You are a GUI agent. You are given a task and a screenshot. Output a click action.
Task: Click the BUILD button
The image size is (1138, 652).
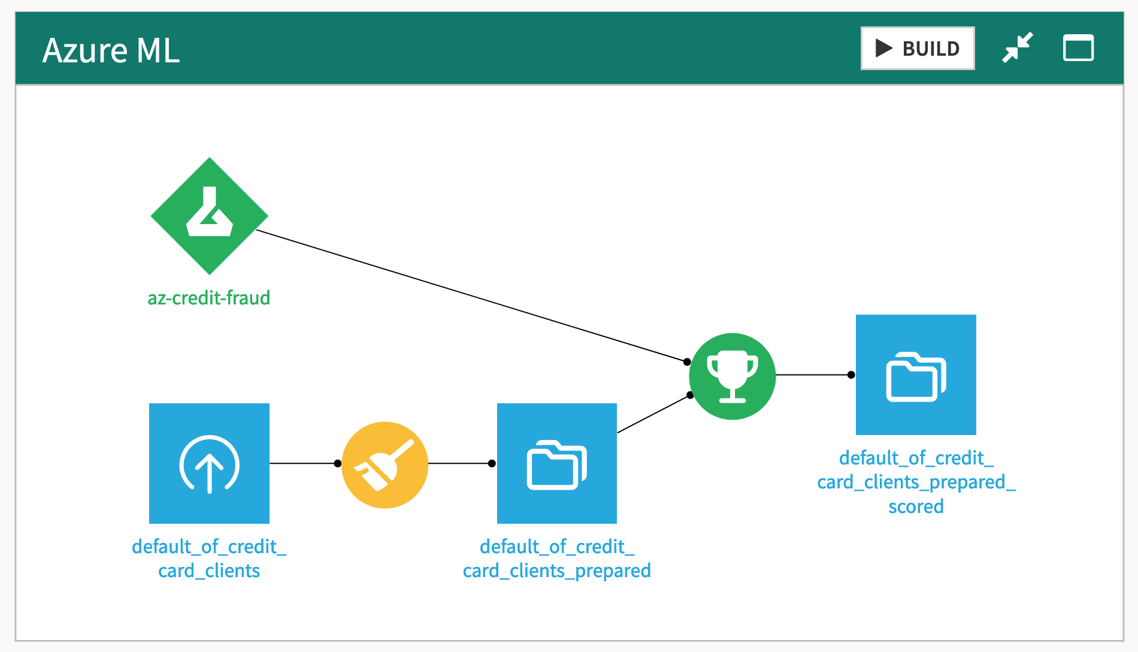pos(917,48)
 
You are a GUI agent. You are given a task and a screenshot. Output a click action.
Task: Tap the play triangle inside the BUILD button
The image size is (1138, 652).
pos(883,48)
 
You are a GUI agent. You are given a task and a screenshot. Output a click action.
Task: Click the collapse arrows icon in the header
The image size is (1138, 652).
pos(1018,47)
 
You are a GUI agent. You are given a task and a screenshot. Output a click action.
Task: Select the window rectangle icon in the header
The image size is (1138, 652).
pos(1078,48)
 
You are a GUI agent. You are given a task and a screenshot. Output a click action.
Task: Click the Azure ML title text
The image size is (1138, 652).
pos(111,50)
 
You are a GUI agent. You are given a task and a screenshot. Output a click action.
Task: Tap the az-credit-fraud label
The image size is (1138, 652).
pos(209,298)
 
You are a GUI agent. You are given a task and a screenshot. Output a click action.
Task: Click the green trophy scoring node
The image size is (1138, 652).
pos(732,376)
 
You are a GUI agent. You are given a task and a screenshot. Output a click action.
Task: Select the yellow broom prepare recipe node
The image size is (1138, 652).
pos(385,465)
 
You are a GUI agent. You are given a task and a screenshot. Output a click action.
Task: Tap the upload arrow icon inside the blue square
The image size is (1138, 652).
pos(209,464)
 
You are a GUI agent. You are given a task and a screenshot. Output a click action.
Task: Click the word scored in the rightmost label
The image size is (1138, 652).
pos(916,507)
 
